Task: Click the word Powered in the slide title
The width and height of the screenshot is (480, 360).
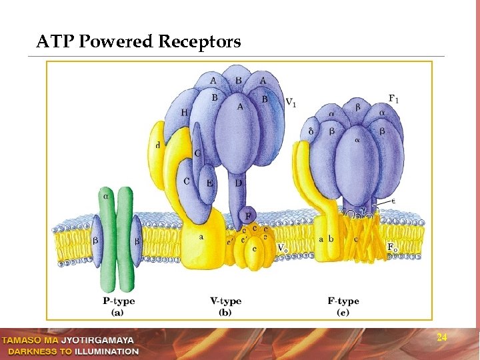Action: tap(117, 43)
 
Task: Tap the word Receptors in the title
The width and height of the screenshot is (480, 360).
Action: tap(200, 43)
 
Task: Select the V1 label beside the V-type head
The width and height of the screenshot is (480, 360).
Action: tap(291, 102)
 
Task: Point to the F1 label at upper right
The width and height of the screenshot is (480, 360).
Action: tap(394, 99)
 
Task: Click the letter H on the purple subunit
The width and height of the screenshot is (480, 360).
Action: tap(184, 113)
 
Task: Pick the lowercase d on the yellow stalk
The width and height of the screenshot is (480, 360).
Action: tap(157, 145)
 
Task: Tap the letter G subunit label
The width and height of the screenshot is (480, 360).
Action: tap(198, 153)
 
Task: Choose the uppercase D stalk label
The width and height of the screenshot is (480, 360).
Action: tap(238, 183)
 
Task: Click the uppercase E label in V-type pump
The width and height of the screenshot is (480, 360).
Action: tap(210, 183)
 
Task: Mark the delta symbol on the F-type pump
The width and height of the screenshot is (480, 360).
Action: tap(311, 131)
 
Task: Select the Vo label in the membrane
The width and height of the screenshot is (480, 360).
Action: tap(282, 248)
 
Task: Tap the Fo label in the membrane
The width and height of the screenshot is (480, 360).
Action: tap(393, 247)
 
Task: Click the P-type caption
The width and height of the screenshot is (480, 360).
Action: tap(118, 301)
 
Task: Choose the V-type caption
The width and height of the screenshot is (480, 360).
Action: tap(225, 301)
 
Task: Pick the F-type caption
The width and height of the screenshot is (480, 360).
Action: tap(343, 301)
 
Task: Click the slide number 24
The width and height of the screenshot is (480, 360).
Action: tap(441, 338)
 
